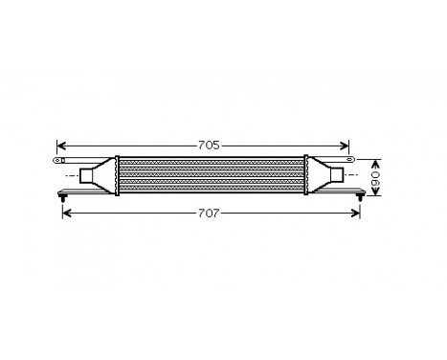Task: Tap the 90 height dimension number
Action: pos(377,176)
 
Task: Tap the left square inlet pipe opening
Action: pos(87,175)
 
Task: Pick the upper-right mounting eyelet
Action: pos(351,158)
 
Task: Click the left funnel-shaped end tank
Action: pos(103,175)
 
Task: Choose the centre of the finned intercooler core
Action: pos(211,175)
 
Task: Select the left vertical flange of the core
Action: pos(117,175)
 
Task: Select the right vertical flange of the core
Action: pos(306,175)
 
